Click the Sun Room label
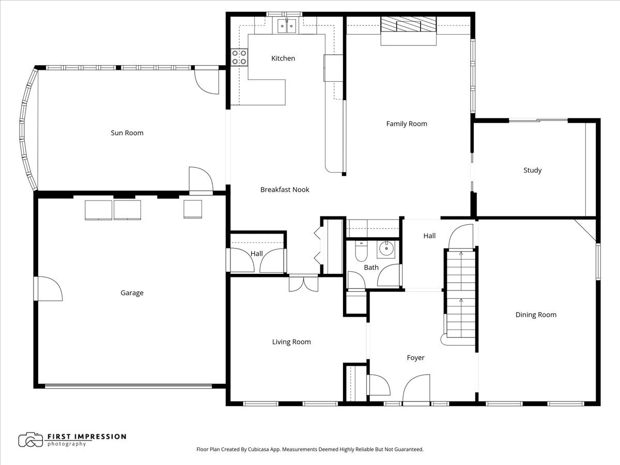pyautogui.click(x=127, y=133)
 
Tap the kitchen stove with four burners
pyautogui.click(x=239, y=57)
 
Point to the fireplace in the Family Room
pyautogui.click(x=409, y=26)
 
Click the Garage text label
pyautogui.click(x=132, y=293)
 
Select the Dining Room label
pyautogui.click(x=536, y=315)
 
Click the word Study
pyautogui.click(x=532, y=170)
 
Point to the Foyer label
pyautogui.click(x=415, y=358)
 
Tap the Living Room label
pyautogui.click(x=291, y=342)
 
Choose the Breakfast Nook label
pyautogui.click(x=285, y=190)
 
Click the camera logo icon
pyautogui.click(x=30, y=440)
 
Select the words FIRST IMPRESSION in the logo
pyautogui.click(x=86, y=437)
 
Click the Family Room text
pyautogui.click(x=407, y=123)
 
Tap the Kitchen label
pyautogui.click(x=283, y=58)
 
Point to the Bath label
pyautogui.click(x=371, y=267)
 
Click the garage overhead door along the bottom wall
pyautogui.click(x=128, y=385)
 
